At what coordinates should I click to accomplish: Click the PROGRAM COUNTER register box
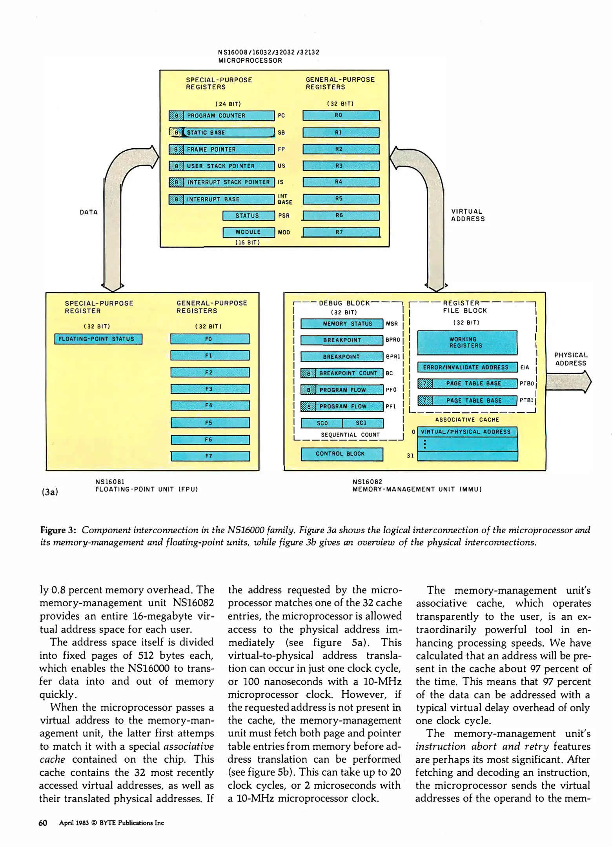click(222, 116)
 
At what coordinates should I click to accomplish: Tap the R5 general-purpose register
click(341, 199)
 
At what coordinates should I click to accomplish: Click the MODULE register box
click(248, 232)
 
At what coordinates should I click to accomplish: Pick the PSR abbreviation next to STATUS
click(284, 216)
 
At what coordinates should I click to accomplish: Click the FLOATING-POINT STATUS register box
click(98, 339)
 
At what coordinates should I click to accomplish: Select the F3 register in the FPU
click(210, 389)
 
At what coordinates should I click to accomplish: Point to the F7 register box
click(210, 456)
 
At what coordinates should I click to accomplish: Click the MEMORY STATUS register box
click(342, 324)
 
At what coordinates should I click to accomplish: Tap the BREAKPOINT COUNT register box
click(342, 373)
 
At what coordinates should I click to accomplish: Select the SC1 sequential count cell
click(362, 423)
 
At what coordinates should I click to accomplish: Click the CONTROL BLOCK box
click(341, 454)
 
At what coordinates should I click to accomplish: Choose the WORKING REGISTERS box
click(467, 342)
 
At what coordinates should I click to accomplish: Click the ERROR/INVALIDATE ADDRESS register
click(467, 367)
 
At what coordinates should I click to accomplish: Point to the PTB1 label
click(526, 400)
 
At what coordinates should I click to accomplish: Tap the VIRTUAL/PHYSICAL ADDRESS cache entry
click(467, 432)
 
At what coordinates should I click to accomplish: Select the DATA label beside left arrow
click(89, 212)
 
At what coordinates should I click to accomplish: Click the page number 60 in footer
click(43, 823)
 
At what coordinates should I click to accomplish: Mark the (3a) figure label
click(50, 492)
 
